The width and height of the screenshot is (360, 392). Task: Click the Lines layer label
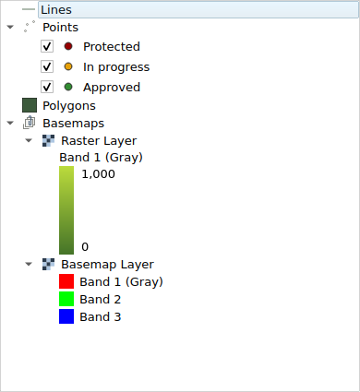point(55,9)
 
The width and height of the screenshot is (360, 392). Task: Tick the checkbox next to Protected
point(48,46)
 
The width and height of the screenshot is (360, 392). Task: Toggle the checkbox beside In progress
point(48,66)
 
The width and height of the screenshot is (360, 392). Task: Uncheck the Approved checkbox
point(48,87)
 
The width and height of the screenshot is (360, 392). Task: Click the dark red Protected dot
point(68,46)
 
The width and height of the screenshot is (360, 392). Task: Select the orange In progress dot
point(68,66)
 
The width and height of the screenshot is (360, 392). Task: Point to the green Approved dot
point(68,87)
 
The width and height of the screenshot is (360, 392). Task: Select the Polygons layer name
point(69,105)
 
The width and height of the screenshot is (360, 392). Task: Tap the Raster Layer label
point(99,140)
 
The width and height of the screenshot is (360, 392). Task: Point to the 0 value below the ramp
point(85,246)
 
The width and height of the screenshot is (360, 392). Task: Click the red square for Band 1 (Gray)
point(66,281)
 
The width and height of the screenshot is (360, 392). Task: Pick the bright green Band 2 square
point(66,299)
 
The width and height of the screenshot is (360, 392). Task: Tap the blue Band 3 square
point(66,316)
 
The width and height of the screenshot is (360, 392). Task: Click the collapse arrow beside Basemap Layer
point(29,264)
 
